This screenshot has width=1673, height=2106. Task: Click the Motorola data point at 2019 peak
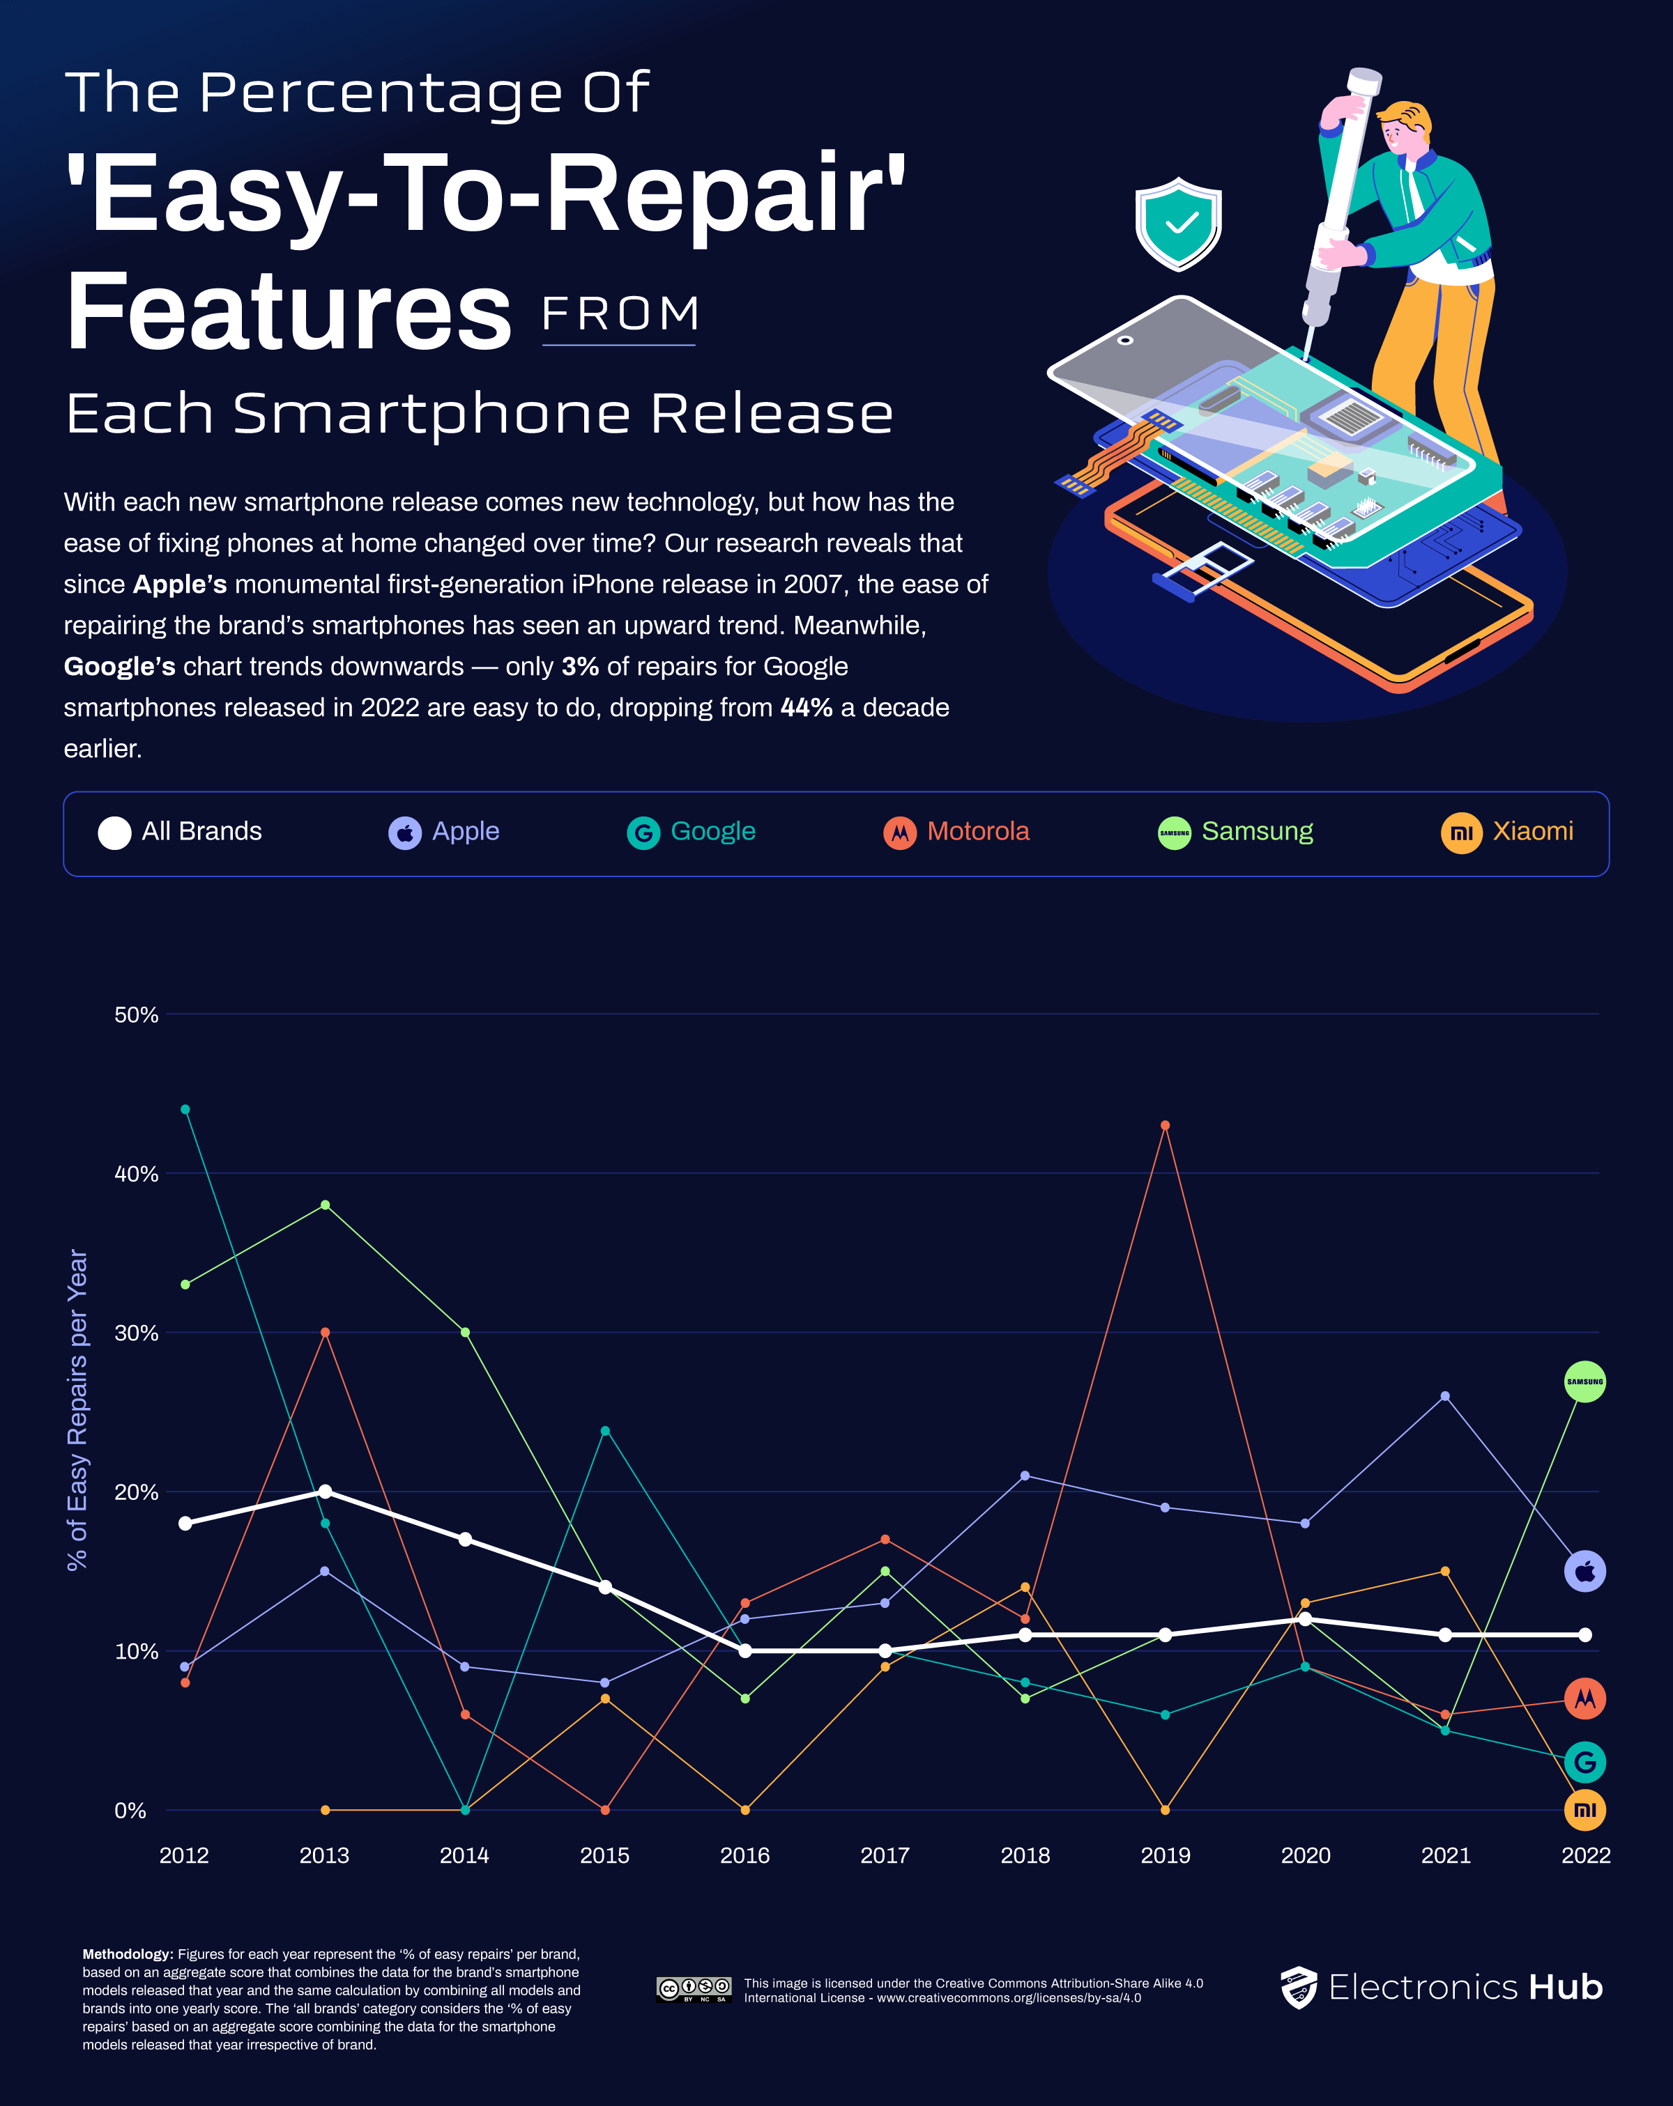pyautogui.click(x=1165, y=1125)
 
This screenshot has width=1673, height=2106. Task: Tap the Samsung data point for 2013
pyautogui.click(x=326, y=1205)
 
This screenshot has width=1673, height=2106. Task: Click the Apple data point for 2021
pyautogui.click(x=1445, y=1396)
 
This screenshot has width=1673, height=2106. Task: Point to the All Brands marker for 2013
pyautogui.click(x=326, y=1492)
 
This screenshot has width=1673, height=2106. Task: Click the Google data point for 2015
pyautogui.click(x=605, y=1431)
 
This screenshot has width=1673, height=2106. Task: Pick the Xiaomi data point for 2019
pyautogui.click(x=1165, y=1810)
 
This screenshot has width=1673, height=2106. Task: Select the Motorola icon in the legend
pyautogui.click(x=900, y=833)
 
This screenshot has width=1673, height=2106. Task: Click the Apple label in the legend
pyautogui.click(x=466, y=831)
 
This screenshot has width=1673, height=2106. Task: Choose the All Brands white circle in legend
pyautogui.click(x=114, y=833)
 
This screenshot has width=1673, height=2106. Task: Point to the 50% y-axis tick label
pyautogui.click(x=136, y=1015)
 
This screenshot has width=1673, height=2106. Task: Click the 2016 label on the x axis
pyautogui.click(x=744, y=1855)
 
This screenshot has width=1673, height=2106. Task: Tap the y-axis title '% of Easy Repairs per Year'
pyautogui.click(x=77, y=1409)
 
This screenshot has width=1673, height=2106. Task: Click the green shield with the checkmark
pyautogui.click(x=1179, y=224)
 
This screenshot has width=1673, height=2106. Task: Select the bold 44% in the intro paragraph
pyautogui.click(x=807, y=707)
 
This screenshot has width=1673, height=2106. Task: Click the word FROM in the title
pyautogui.click(x=620, y=314)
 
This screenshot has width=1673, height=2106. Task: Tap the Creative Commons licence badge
pyautogui.click(x=694, y=1990)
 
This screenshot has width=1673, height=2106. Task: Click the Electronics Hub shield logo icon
pyautogui.click(x=1299, y=1988)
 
